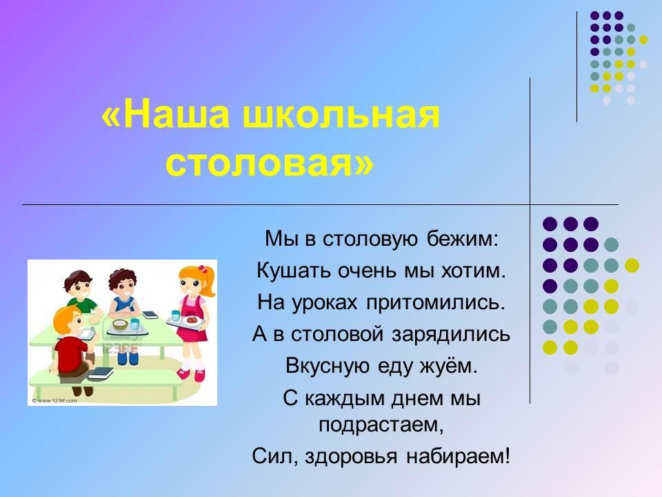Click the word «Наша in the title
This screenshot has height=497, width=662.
[x=165, y=115]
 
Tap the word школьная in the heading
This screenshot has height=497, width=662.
[x=342, y=115]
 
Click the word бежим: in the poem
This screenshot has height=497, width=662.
[x=463, y=239]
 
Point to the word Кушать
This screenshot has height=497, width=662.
[x=293, y=270]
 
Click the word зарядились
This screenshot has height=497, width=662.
[x=451, y=334]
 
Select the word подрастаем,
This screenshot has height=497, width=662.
[x=381, y=425]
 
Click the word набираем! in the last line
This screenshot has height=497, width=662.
[x=458, y=456]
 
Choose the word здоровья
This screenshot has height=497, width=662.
[x=350, y=457]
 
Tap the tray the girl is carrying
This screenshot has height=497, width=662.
[x=185, y=322]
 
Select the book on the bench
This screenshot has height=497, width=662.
[x=100, y=373]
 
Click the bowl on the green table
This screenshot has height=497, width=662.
[x=120, y=324]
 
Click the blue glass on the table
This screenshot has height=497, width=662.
[x=134, y=324]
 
